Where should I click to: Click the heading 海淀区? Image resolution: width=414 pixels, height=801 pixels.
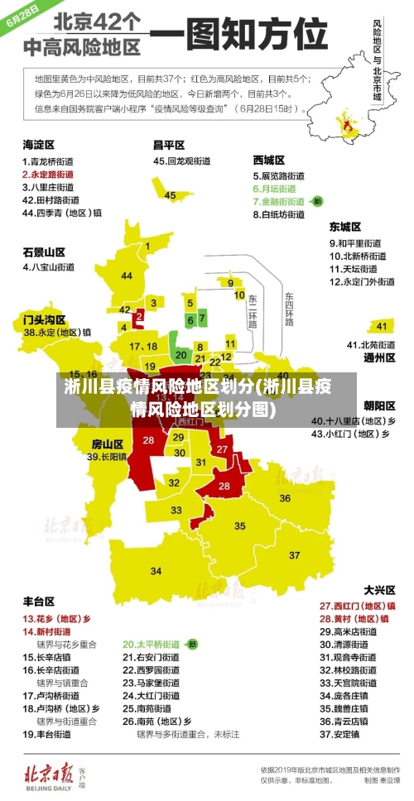click(x=39, y=144)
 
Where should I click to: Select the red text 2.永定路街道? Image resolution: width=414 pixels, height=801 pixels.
click(x=47, y=175)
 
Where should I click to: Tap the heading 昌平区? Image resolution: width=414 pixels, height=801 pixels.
click(x=169, y=144)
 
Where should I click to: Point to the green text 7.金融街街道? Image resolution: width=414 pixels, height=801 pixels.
click(x=281, y=201)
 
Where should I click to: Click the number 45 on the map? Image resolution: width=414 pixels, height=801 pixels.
click(x=171, y=195)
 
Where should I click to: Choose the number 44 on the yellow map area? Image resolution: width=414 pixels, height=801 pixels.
click(x=127, y=276)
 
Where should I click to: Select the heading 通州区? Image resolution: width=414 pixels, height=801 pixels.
click(x=379, y=358)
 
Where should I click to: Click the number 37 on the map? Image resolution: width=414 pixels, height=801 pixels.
click(x=295, y=554)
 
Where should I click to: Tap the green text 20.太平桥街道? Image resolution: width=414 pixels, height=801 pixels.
click(x=152, y=643)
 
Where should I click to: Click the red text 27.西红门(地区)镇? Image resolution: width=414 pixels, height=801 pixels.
click(x=357, y=605)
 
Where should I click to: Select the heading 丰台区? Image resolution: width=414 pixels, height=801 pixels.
click(x=39, y=601)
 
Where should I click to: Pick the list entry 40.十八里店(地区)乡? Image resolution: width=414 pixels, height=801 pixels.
click(x=353, y=420)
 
